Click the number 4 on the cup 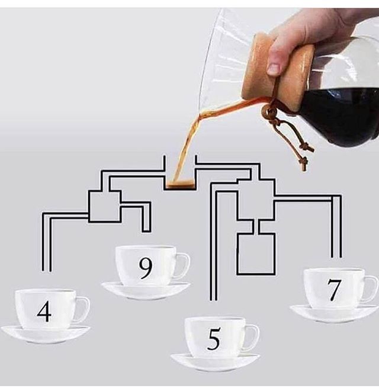[x=44, y=311]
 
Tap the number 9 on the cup [x=145, y=268]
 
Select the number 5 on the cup [x=213, y=339]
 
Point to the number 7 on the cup [x=334, y=290]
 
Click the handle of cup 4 [x=83, y=309]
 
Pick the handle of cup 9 [x=184, y=266]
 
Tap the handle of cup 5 [x=253, y=337]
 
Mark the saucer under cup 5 [x=214, y=361]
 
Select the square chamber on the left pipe [x=104, y=206]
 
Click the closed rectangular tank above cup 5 [x=256, y=254]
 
